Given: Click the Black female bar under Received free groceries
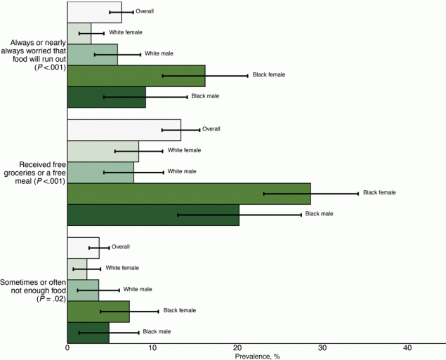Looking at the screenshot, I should pyautogui.click(x=188, y=193).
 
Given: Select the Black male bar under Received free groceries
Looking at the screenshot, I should pyautogui.click(x=152, y=215).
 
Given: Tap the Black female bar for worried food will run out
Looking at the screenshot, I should pyautogui.click(x=136, y=76).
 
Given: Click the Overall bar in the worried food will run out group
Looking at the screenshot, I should pyautogui.click(x=94, y=12).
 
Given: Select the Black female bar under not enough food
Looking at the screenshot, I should pyautogui.click(x=98, y=311).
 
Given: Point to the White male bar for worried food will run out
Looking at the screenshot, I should pyautogui.click(x=92, y=54).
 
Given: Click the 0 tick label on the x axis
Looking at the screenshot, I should pyautogui.click(x=67, y=348).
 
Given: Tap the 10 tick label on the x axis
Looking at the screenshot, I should pyautogui.click(x=152, y=348).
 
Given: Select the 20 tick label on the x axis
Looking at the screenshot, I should pyautogui.click(x=237, y=348).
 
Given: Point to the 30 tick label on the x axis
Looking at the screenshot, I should pyautogui.click(x=322, y=348).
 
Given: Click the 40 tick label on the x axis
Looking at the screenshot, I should pyautogui.click(x=407, y=348).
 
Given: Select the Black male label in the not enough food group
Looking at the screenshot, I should pyautogui.click(x=157, y=331).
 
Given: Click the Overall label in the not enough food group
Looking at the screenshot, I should pyautogui.click(x=122, y=247).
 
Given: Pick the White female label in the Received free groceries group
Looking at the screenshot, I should pyautogui.click(x=184, y=150).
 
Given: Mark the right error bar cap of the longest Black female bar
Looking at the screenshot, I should pyautogui.click(x=358, y=193).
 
